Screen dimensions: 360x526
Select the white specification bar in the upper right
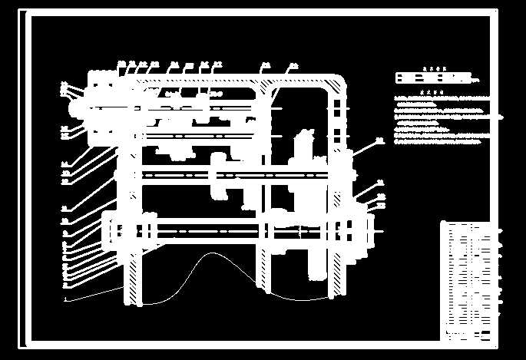coord(433,78)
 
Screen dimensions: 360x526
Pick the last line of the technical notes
coord(438,141)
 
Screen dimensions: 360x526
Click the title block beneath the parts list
coord(465,335)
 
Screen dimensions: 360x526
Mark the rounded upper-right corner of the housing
coord(339,78)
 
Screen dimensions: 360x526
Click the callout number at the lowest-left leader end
coord(65,297)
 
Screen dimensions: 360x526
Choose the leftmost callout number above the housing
coord(121,63)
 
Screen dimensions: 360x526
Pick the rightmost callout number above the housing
coord(293,65)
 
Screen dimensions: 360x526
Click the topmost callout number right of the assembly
coord(379,140)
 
